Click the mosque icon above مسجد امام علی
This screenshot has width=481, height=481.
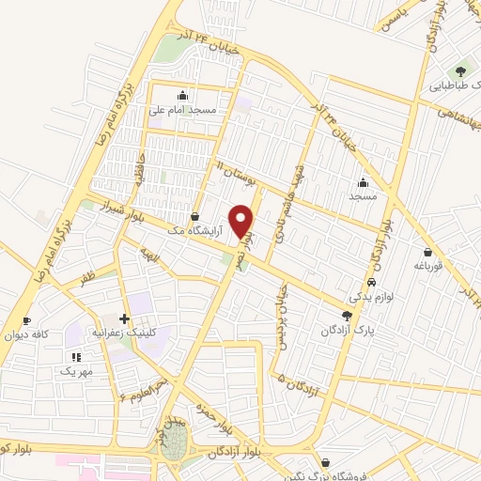tap(182, 95)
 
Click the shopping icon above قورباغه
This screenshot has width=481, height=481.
tap(428, 252)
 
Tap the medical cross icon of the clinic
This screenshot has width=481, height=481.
tap(125, 319)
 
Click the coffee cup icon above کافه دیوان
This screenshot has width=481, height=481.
tap(26, 321)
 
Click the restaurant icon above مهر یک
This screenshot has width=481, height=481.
tap(76, 357)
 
